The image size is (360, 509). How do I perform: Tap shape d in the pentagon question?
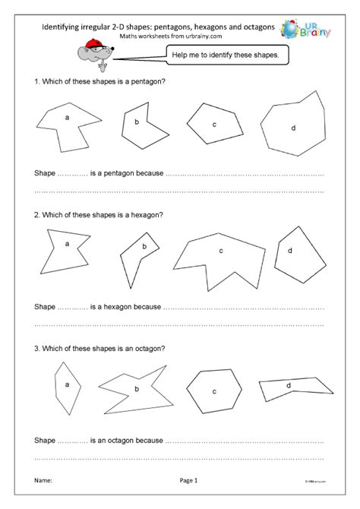(x=292, y=125)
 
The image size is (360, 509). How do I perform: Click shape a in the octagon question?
(x=67, y=385)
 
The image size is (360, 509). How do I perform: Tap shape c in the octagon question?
(x=216, y=390)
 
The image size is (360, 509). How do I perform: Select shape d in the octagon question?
(x=292, y=387)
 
